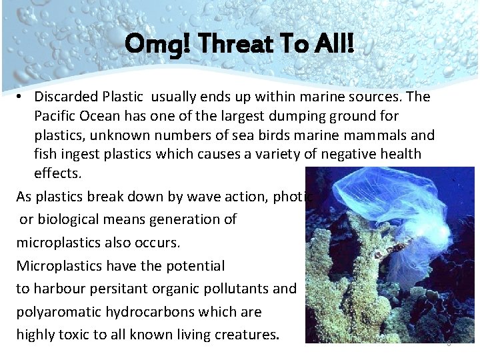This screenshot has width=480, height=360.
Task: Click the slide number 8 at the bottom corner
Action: [x=449, y=343]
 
